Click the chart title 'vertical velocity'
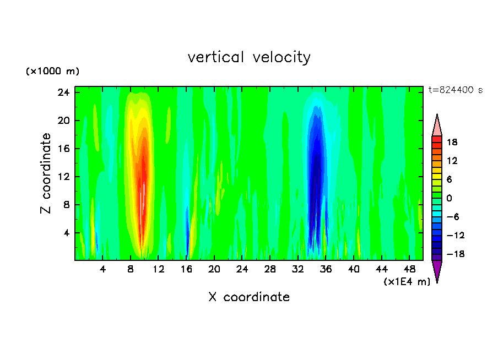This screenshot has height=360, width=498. click(x=249, y=57)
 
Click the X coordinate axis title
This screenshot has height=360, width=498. click(x=249, y=297)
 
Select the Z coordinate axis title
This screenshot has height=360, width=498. click(x=46, y=173)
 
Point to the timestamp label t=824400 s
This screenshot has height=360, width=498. click(x=455, y=90)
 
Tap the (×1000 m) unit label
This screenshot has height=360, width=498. click(x=52, y=72)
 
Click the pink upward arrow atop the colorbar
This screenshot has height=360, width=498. click(x=437, y=125)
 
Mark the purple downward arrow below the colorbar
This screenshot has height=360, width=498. click(x=437, y=270)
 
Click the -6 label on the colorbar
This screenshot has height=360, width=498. click(x=453, y=217)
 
